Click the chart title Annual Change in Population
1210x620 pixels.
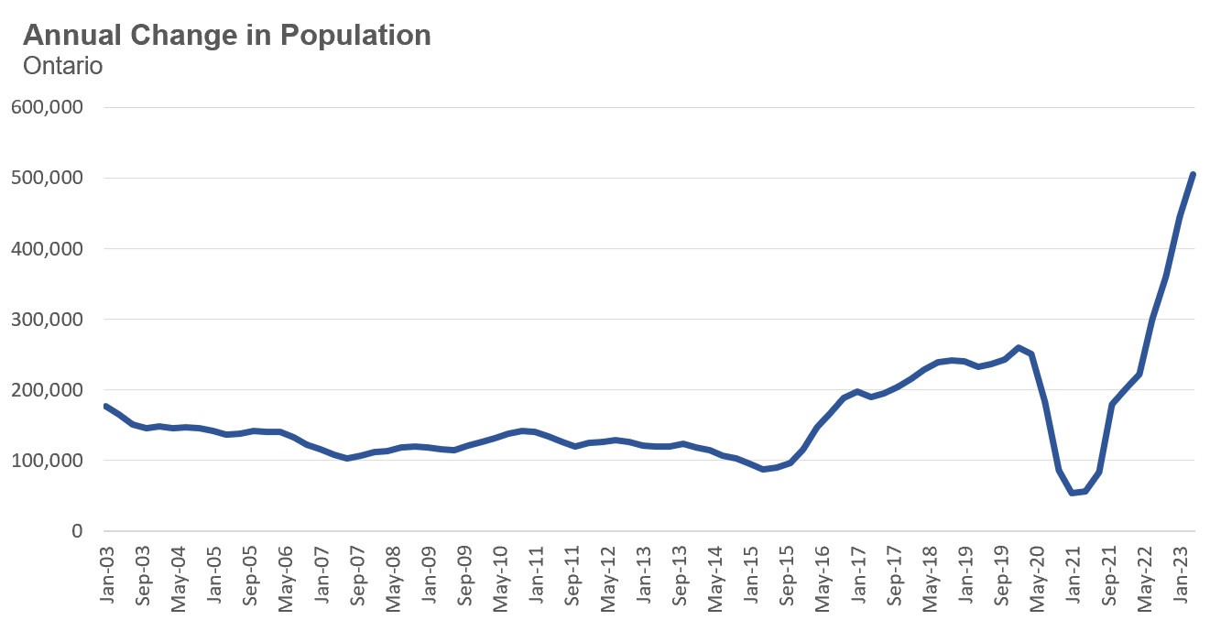click(x=226, y=36)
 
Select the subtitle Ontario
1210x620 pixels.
click(x=62, y=67)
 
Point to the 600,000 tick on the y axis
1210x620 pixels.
click(x=47, y=107)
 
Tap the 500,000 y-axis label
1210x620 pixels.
click(x=47, y=178)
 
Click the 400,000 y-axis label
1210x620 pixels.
click(x=47, y=248)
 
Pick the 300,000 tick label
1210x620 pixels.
click(x=47, y=320)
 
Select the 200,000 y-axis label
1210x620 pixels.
click(x=47, y=390)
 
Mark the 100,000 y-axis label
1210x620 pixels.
click(x=47, y=461)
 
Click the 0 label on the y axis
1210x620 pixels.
click(x=78, y=531)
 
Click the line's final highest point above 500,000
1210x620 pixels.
click(x=1194, y=174)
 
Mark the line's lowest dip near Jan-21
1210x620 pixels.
click(x=1073, y=493)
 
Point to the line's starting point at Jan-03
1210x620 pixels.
click(x=106, y=406)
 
